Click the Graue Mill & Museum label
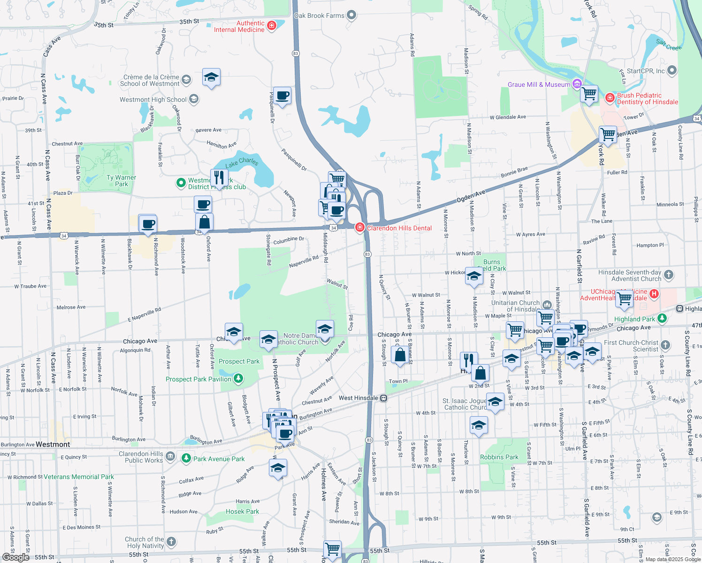tap(539, 84)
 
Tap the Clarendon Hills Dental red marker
tap(360, 228)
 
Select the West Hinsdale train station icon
tap(384, 398)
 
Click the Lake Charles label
tap(242, 162)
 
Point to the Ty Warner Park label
tap(121, 181)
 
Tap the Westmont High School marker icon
tap(194, 99)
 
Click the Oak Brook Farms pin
tap(351, 15)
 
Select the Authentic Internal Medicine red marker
tap(271, 25)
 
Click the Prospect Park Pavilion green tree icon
tap(238, 379)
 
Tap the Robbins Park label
tap(499, 457)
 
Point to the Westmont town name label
tap(53, 444)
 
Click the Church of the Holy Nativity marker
tap(171, 542)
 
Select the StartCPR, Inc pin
tap(672, 71)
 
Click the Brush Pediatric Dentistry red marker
tap(610, 98)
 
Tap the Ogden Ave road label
tap(471, 196)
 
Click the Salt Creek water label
tap(669, 45)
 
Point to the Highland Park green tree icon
tap(662, 319)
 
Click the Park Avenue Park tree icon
tap(186, 458)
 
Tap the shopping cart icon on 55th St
tap(333, 548)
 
